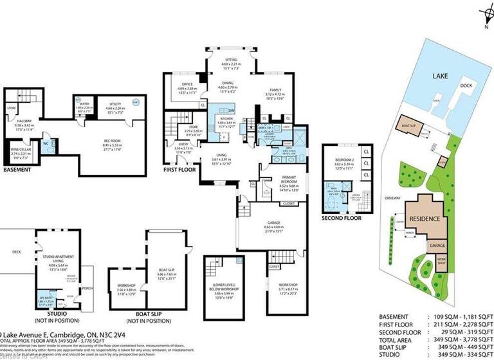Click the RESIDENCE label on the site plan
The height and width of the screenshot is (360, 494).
click(425, 219)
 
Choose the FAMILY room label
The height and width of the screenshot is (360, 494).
click(274, 90)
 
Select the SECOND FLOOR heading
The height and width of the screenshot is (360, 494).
click(342, 219)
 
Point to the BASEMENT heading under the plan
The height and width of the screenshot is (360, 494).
click(17, 170)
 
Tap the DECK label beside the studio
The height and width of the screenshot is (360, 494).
click(8, 251)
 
